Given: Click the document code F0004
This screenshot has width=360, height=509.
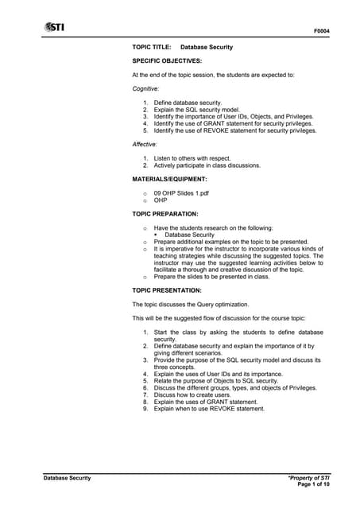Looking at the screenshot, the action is pyautogui.click(x=322, y=32).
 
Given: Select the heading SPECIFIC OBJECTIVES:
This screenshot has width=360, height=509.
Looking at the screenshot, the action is pyautogui.click(x=167, y=60).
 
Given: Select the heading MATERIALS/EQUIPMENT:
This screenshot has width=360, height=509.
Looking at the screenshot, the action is pyautogui.click(x=174, y=179).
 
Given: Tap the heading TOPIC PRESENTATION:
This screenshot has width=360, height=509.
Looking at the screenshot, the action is pyautogui.click(x=167, y=290).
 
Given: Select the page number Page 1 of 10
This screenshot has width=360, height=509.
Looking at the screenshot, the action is pyautogui.click(x=312, y=484).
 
